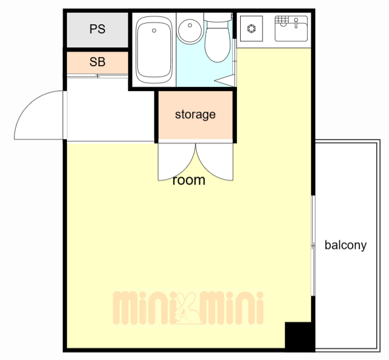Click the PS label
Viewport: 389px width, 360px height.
click(x=97, y=29)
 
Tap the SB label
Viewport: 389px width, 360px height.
click(x=97, y=62)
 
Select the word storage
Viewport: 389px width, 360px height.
click(x=195, y=115)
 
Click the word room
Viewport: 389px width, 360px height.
click(x=189, y=180)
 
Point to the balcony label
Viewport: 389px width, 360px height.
click(x=346, y=245)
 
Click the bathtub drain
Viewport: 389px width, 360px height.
click(x=154, y=30)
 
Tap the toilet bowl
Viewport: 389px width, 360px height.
click(x=218, y=41)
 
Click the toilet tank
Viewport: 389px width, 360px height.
click(x=218, y=17)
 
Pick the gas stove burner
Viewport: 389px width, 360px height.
click(x=251, y=29)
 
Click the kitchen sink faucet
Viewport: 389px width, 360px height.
click(x=296, y=22)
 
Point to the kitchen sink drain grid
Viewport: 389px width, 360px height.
click(x=282, y=19)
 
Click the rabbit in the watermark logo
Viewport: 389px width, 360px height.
click(x=187, y=308)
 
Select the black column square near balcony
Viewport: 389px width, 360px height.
click(x=300, y=336)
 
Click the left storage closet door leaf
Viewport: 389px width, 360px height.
click(x=177, y=162)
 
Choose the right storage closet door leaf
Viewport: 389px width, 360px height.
click(x=215, y=162)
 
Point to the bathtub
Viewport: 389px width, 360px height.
click(x=154, y=50)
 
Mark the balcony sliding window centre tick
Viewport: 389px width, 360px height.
click(x=313, y=245)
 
